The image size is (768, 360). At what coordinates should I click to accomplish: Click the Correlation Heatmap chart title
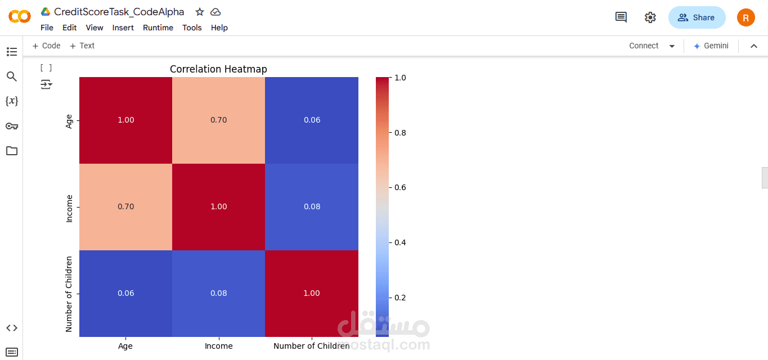point(218,69)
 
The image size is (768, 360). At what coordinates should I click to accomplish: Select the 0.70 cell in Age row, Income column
point(218,120)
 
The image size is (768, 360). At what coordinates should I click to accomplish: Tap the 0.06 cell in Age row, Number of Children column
point(312,120)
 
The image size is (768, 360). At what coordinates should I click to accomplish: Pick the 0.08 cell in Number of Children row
point(218,293)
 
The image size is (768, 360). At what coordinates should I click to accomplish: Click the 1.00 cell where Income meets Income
point(218,207)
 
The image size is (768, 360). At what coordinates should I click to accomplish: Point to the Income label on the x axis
point(218,346)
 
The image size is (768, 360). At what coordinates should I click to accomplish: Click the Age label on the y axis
point(69,121)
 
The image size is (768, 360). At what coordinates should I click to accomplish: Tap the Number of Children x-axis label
point(311,346)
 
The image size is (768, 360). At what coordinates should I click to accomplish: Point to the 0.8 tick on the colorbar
point(400,133)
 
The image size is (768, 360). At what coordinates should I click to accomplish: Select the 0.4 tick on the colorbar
point(400,242)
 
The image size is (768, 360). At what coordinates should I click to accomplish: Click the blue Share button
point(697,17)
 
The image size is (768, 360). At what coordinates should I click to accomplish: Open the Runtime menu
point(158,28)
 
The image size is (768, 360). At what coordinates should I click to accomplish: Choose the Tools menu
point(192,28)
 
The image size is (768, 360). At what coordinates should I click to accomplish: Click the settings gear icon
point(650,17)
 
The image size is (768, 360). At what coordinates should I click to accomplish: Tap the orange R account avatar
point(745,17)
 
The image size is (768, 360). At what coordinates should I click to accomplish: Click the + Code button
point(46,46)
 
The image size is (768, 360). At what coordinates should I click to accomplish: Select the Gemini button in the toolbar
point(711,46)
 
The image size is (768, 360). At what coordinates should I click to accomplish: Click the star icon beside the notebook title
point(200,12)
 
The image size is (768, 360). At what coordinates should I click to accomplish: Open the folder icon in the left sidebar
point(12,151)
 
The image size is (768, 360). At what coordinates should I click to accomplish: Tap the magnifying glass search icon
point(12,76)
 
